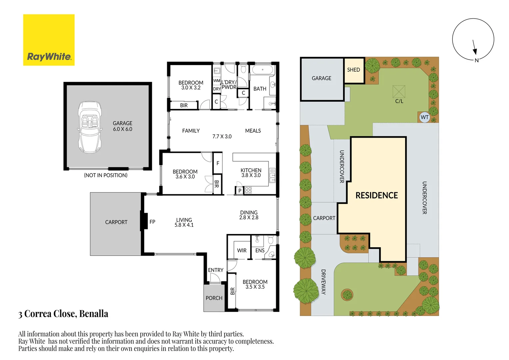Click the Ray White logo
(x=49, y=40)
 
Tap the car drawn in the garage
(x=89, y=127)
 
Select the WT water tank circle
(x=424, y=117)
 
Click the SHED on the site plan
(x=354, y=70)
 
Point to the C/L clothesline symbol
(x=399, y=92)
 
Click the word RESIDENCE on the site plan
(x=376, y=195)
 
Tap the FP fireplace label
(x=152, y=222)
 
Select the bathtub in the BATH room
(x=262, y=70)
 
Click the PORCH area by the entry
(x=214, y=298)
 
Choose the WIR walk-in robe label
(x=242, y=250)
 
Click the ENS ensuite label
(x=260, y=250)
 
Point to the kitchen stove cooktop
(x=249, y=190)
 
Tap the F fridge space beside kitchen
(x=218, y=163)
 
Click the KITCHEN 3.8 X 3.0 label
(x=251, y=173)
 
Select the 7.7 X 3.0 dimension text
(x=222, y=136)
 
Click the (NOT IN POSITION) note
(x=106, y=175)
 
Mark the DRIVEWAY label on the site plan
(x=323, y=282)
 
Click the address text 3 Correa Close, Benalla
(x=63, y=314)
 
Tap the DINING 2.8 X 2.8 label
(x=249, y=215)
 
